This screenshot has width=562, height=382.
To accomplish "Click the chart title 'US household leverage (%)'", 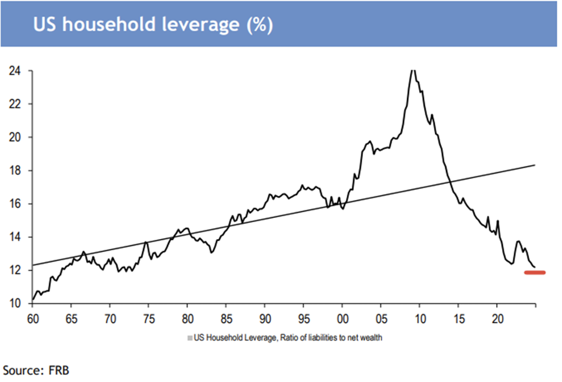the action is (153, 25).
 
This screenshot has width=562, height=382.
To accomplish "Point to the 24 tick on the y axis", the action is (15, 71).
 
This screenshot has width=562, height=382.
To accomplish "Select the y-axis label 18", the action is (15, 171).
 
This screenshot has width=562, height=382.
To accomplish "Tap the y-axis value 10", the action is (15, 304).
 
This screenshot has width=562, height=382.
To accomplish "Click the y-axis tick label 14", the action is (15, 237).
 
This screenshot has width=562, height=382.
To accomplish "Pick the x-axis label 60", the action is (33, 319).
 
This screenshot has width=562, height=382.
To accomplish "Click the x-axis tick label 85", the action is (227, 319).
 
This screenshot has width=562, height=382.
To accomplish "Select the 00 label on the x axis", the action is (343, 319).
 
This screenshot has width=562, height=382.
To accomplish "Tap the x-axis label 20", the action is (497, 319).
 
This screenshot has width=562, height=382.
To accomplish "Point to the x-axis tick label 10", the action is (420, 319).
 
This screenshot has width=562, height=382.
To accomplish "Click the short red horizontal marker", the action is (534, 272).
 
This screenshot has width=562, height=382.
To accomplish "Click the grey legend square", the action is (190, 338).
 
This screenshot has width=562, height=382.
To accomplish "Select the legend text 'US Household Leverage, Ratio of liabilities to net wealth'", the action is (288, 338).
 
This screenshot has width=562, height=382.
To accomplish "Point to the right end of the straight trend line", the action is (535, 165).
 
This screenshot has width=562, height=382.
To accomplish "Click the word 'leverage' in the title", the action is (200, 25).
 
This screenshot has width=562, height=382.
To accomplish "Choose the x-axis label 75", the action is (149, 319).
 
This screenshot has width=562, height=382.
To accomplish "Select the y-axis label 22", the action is (15, 104).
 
